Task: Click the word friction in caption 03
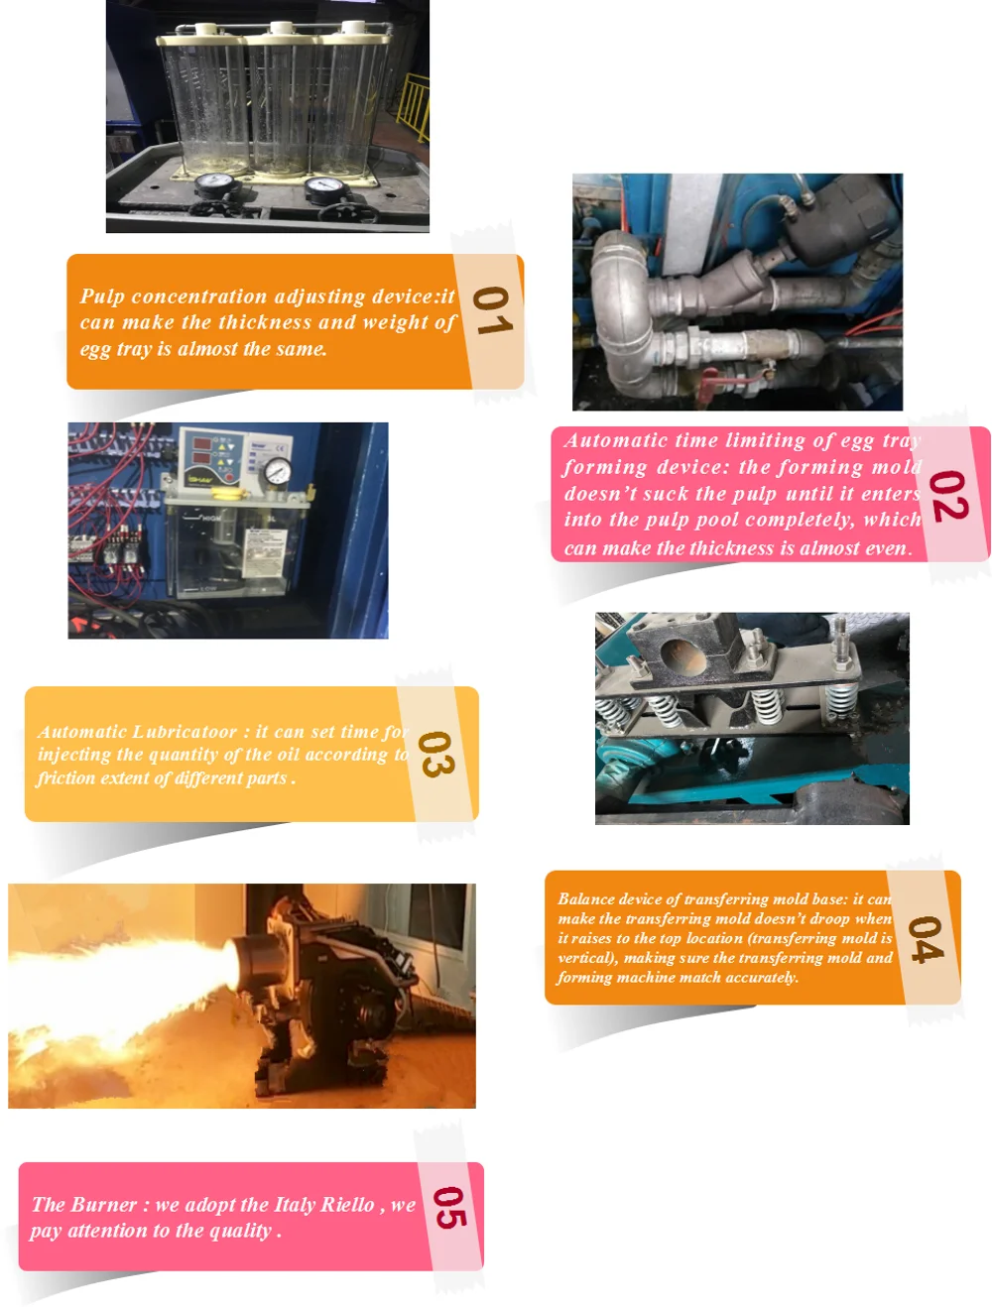click(63, 777)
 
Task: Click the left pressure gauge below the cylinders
click(212, 183)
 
